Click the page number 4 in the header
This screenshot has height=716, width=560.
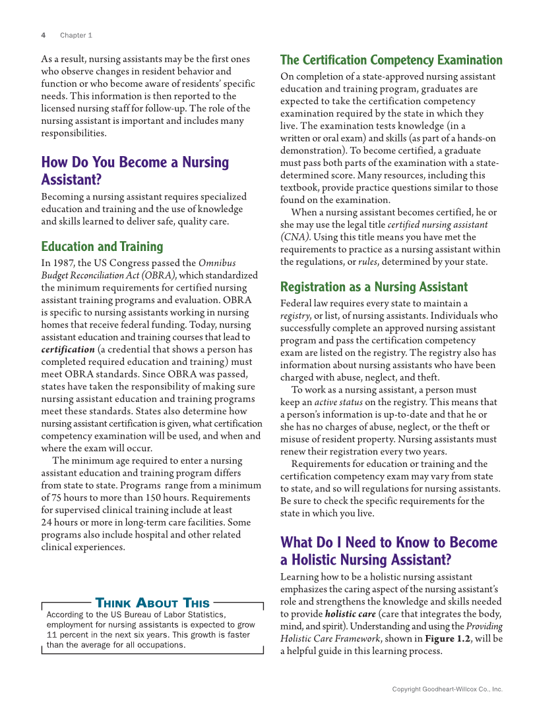[x=43, y=35]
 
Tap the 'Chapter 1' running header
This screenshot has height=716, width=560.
[x=76, y=35]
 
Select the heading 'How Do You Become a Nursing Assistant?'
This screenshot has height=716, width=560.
[x=135, y=171]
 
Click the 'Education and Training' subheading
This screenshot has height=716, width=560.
[x=102, y=246]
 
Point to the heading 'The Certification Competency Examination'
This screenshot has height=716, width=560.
[x=391, y=60]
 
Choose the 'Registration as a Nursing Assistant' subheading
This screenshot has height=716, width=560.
[x=373, y=287]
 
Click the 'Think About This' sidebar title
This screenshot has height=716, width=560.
[x=152, y=603]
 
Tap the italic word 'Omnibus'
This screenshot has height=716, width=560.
[x=217, y=263]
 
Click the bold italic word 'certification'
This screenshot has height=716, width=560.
[x=68, y=349]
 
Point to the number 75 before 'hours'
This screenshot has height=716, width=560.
[x=57, y=497]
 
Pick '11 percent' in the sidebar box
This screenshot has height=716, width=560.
[x=68, y=635]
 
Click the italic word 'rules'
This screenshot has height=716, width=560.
[x=367, y=262]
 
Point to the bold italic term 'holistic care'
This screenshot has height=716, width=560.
[x=351, y=614]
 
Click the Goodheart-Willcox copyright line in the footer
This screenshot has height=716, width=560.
[x=447, y=689]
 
